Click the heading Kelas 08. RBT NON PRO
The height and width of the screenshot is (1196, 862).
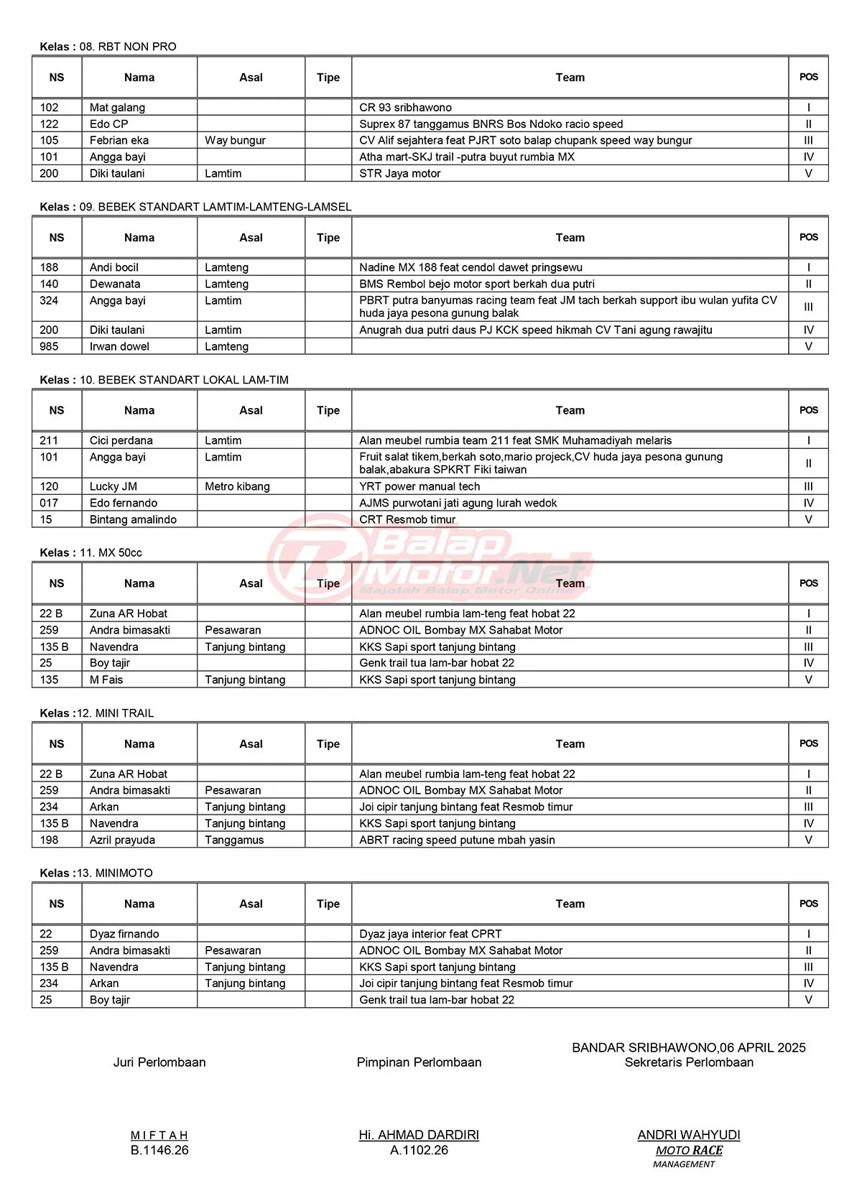point(108,47)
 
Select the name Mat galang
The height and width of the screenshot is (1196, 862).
point(117,108)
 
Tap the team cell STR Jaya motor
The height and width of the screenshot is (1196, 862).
point(399,173)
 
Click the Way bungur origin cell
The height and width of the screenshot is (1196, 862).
point(235,140)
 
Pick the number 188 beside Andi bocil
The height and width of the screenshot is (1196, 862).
point(50,267)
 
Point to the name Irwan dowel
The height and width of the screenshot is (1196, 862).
point(119,346)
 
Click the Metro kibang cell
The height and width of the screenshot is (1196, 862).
point(237,486)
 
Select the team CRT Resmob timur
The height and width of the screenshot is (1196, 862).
point(407,519)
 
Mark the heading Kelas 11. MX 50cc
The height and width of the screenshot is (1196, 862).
point(91,552)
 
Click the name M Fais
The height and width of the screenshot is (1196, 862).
point(106,680)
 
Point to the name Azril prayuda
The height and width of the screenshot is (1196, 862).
point(122,840)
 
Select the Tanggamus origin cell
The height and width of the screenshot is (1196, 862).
point(234,840)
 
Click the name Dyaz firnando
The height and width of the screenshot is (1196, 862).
point(124,934)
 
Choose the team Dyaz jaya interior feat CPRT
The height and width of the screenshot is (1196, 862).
point(430,934)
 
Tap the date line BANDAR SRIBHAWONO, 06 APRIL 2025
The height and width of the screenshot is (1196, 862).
point(688,1047)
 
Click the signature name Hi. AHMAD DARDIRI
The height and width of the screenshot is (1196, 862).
point(419,1135)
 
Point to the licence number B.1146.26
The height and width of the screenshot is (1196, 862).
point(159,1150)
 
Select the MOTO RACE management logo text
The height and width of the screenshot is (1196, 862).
point(688,1151)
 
